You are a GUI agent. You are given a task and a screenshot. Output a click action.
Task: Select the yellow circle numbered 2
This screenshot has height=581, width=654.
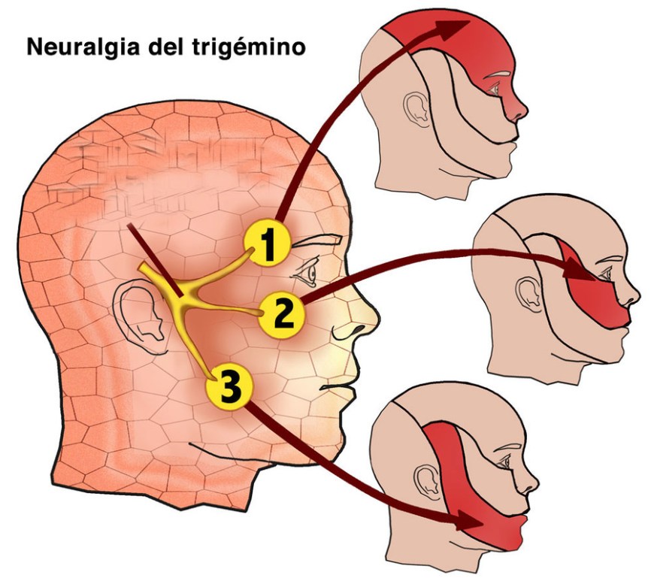282,313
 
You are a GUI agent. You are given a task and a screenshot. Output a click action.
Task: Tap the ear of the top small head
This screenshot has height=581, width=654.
413,108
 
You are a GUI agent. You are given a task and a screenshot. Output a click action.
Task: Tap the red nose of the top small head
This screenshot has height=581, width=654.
518,105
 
